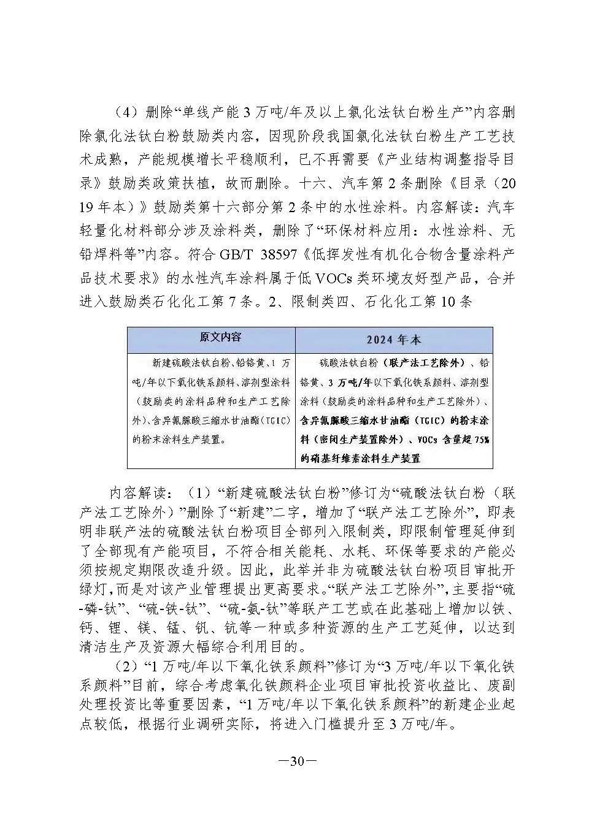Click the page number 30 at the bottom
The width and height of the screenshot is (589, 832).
(x=297, y=761)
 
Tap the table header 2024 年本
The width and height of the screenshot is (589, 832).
(x=394, y=340)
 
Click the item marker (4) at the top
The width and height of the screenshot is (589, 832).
(x=126, y=112)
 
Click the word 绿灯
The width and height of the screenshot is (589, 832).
(x=94, y=589)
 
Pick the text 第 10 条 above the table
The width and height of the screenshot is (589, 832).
(x=448, y=302)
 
